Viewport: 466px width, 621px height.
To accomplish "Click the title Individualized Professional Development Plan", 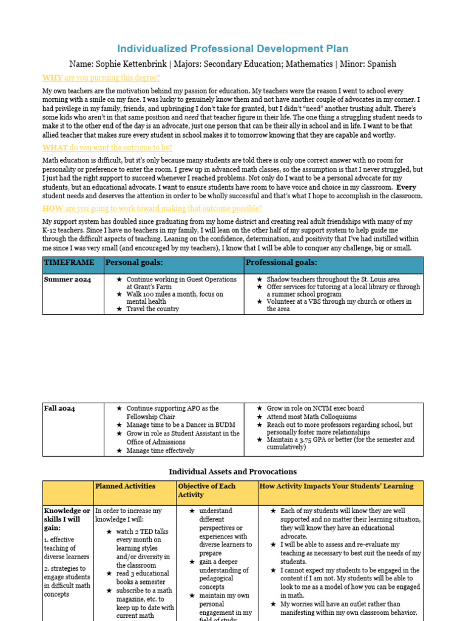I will click(232, 49).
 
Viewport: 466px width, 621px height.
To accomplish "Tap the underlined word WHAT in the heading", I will click(55, 147).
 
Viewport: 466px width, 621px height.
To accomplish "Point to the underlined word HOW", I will click(53, 208).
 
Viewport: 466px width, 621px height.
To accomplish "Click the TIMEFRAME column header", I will click(69, 263).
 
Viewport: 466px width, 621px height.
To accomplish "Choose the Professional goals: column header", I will click(281, 263).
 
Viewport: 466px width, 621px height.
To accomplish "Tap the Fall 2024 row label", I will click(59, 409).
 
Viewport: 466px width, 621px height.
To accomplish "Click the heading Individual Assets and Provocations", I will click(232, 471).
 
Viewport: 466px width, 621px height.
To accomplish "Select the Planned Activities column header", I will click(125, 486).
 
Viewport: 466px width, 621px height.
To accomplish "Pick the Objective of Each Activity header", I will click(206, 491).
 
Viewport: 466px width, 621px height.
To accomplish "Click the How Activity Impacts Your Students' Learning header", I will click(336, 486).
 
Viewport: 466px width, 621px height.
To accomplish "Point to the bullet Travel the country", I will click(152, 309).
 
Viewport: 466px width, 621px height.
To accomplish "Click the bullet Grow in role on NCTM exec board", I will click(316, 409).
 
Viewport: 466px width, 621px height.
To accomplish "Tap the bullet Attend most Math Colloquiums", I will click(312, 417).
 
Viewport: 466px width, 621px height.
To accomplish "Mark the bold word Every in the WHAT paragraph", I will click(406, 187).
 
